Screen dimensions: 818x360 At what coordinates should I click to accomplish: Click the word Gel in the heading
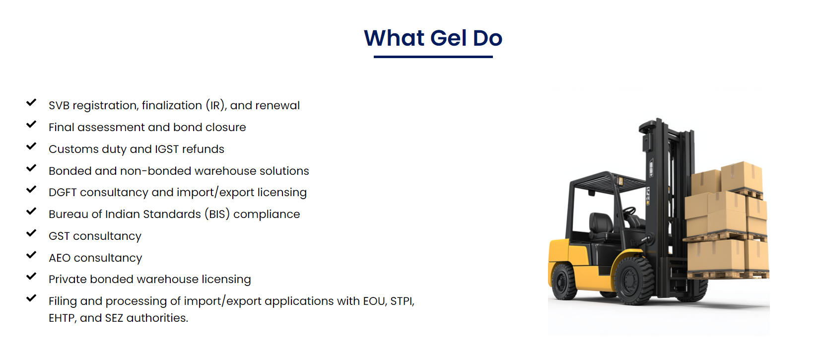pos(448,38)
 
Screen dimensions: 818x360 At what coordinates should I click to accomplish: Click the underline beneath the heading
pos(433,57)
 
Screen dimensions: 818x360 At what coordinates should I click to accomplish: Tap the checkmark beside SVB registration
pos(31,102)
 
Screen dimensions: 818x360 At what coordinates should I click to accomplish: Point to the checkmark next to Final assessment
pos(31,124)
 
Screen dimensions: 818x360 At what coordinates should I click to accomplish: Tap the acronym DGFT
pos(63,192)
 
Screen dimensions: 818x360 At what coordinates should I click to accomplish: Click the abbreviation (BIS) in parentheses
pos(217,214)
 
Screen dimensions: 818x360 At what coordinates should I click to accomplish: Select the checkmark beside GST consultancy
pos(31,233)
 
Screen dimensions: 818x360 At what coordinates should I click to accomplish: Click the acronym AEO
pos(60,258)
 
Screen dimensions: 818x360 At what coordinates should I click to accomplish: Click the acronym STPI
pos(402,301)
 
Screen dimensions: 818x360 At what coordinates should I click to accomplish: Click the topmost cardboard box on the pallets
pos(742,176)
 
